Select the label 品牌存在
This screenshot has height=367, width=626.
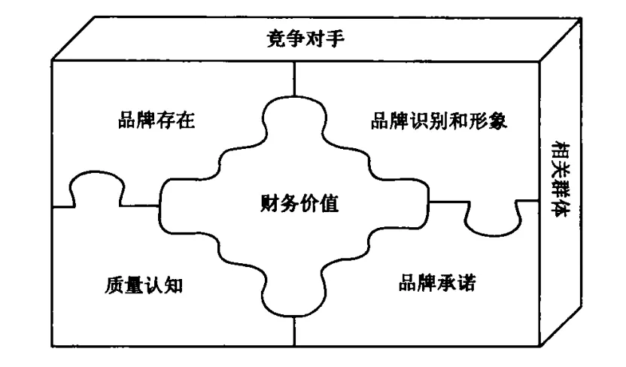click(157, 121)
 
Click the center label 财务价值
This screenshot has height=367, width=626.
click(295, 203)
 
